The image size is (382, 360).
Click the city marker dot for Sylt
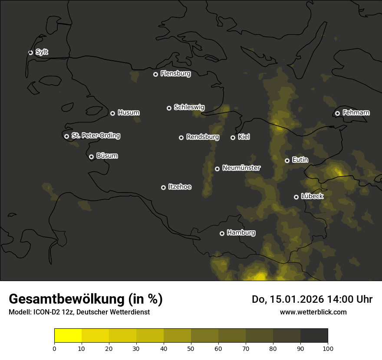pyautogui.click(x=30, y=52)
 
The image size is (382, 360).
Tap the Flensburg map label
pyautogui.click(x=175, y=74)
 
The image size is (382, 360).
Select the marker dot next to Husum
pyautogui.click(x=112, y=113)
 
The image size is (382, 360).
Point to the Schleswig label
pyautogui.click(x=189, y=107)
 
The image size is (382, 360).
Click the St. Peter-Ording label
pyautogui.click(x=95, y=136)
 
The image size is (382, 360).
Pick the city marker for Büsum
pyautogui.click(x=91, y=157)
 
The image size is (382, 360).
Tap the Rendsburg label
pyautogui.click(x=202, y=137)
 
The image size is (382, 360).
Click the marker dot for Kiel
pyautogui.click(x=233, y=137)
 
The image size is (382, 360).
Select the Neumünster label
pyautogui.click(x=241, y=168)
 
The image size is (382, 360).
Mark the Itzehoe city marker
pyautogui.click(x=163, y=187)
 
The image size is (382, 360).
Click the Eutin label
pyautogui.click(x=300, y=160)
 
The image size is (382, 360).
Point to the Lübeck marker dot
pyautogui.click(x=296, y=197)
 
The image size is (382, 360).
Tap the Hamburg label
pyautogui.click(x=241, y=233)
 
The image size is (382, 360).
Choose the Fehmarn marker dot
pyautogui.click(x=337, y=113)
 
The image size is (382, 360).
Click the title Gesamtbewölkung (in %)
pyautogui.click(x=86, y=299)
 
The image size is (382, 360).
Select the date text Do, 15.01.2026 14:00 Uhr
pyautogui.click(x=312, y=299)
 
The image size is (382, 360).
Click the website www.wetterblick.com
pyautogui.click(x=313, y=312)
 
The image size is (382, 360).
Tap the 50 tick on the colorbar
pyautogui.click(x=191, y=348)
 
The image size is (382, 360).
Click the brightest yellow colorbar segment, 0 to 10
pyautogui.click(x=68, y=336)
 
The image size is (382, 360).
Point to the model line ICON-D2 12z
pyautogui.click(x=79, y=312)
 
